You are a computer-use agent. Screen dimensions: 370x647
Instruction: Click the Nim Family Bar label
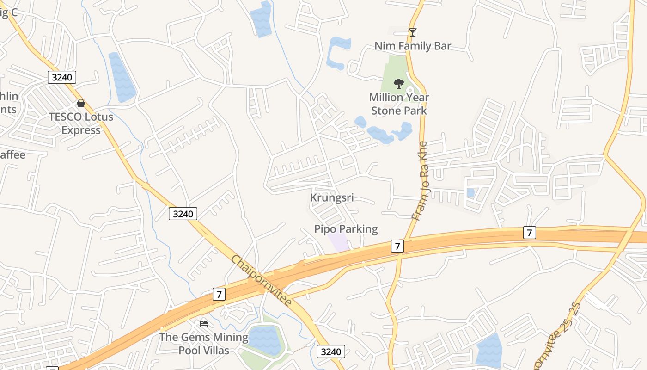pyautogui.click(x=412, y=46)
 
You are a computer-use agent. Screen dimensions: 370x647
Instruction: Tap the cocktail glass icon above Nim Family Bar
pyautogui.click(x=413, y=32)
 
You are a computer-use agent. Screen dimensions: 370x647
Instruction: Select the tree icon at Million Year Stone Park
pyautogui.click(x=398, y=84)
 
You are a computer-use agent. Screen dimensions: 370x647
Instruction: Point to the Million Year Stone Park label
pyautogui.click(x=399, y=104)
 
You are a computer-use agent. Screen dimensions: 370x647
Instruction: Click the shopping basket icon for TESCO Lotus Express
pyautogui.click(x=81, y=103)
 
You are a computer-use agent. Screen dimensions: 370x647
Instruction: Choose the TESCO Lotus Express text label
pyautogui.click(x=81, y=123)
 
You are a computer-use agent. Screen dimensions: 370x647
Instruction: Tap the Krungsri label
pyautogui.click(x=332, y=198)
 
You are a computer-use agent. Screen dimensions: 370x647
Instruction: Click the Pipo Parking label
pyautogui.click(x=346, y=229)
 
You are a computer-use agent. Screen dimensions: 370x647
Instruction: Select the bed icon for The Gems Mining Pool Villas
pyautogui.click(x=204, y=323)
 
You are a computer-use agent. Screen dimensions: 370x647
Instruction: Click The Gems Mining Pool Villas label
pyautogui.click(x=204, y=344)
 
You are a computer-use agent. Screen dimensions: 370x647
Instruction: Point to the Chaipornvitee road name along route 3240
pyautogui.click(x=262, y=281)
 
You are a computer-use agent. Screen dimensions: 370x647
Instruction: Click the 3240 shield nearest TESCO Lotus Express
pyautogui.click(x=62, y=77)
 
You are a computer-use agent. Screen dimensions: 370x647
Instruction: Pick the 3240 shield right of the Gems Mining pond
pyautogui.click(x=331, y=351)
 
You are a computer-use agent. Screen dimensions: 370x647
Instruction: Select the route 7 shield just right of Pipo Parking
pyautogui.click(x=397, y=246)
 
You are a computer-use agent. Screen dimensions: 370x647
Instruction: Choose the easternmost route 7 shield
pyautogui.click(x=530, y=232)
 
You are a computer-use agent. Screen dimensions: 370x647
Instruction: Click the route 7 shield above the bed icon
pyautogui.click(x=219, y=294)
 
